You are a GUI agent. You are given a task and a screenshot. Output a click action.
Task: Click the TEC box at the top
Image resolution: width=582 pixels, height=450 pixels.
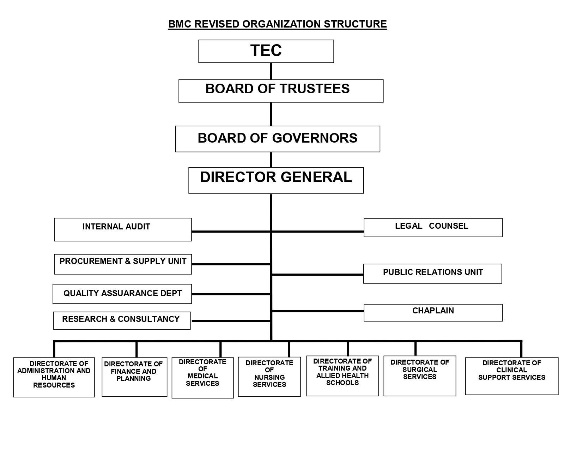tap(266, 51)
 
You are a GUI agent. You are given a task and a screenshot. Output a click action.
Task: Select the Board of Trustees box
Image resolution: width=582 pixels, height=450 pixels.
tap(281, 91)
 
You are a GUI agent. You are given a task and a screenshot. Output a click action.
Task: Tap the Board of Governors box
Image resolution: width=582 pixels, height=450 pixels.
tap(278, 139)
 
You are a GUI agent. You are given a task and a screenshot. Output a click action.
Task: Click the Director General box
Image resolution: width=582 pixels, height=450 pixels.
tap(276, 180)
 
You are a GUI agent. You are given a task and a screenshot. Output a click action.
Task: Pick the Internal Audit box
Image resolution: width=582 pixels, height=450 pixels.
tap(123, 229)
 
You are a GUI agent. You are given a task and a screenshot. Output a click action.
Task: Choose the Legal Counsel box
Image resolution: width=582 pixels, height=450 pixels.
tap(433, 227)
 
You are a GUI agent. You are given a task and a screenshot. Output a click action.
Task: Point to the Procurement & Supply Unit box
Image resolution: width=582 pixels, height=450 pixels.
tap(123, 264)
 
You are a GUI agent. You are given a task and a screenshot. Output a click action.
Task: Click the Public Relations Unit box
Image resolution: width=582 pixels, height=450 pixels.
tap(432, 274)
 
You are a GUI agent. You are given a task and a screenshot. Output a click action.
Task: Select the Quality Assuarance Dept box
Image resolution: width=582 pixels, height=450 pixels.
tap(122, 294)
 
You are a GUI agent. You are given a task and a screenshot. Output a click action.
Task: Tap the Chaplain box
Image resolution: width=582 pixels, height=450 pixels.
tap(433, 312)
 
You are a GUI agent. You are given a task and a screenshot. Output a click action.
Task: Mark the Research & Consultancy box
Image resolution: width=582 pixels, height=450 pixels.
tap(122, 320)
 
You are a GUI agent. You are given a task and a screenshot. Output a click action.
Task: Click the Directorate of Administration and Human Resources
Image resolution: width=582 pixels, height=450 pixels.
tap(54, 377)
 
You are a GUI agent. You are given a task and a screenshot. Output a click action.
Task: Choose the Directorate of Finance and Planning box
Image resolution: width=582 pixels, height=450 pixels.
tap(134, 377)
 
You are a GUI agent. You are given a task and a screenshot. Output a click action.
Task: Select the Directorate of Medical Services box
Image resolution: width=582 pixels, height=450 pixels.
tap(202, 378)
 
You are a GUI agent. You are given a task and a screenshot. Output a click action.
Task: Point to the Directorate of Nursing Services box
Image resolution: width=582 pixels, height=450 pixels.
tap(269, 377)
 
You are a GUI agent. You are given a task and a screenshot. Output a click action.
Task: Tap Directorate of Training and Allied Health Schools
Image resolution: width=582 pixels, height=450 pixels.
tap(342, 376)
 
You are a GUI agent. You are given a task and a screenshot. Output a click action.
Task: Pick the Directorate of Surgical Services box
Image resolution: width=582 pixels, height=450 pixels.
tap(420, 376)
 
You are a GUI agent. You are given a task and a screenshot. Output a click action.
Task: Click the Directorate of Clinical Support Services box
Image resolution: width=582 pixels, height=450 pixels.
tap(511, 376)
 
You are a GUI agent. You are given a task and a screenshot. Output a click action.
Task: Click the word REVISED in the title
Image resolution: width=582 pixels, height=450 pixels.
tap(217, 24)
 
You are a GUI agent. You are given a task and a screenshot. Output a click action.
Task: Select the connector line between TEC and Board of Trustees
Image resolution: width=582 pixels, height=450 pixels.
tap(271, 71)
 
